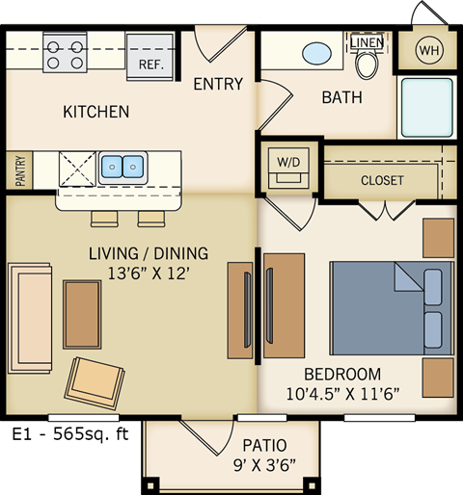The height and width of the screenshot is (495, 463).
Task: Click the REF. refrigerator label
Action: [x=150, y=65]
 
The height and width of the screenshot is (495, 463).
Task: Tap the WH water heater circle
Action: [x=427, y=50]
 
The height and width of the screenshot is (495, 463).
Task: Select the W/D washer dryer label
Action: [x=286, y=160]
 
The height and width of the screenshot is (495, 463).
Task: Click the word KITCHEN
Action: [x=95, y=112]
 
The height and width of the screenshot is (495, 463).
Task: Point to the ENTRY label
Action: [x=218, y=84]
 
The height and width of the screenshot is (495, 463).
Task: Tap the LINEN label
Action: [x=367, y=42]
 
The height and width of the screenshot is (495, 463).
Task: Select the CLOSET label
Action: [x=382, y=180]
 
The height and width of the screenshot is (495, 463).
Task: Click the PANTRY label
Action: [x=18, y=171]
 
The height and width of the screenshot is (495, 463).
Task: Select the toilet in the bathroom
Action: [x=367, y=65]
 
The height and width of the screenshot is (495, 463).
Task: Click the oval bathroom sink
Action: [x=318, y=52]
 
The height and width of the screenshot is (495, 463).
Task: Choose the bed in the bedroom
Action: [x=391, y=306]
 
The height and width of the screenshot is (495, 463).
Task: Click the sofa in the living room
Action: [x=29, y=317]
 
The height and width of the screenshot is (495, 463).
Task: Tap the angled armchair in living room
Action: [x=94, y=381]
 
